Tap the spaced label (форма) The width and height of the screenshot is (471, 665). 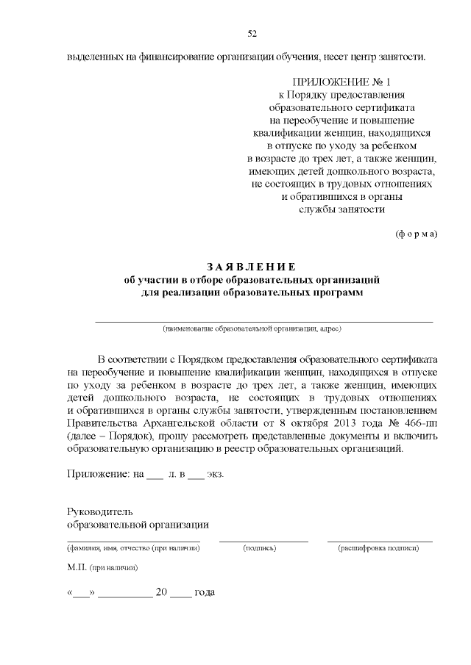(417, 234)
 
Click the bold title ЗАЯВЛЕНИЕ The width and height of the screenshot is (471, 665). (251, 267)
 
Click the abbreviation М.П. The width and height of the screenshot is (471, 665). (77, 568)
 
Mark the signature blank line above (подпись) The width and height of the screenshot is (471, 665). (263, 542)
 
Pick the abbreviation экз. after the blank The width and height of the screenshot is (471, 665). (215, 474)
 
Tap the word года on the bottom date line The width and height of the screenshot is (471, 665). (204, 592)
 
